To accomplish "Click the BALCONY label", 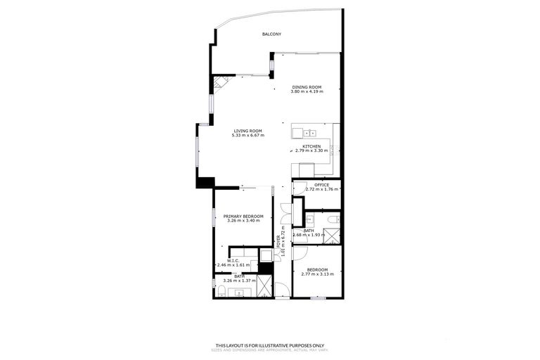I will tap(271, 34).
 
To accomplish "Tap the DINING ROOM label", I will tap(307, 87).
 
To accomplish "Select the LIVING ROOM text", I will tap(247, 131).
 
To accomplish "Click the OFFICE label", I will tap(321, 185).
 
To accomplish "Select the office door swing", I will tap(299, 187).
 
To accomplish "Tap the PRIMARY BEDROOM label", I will tap(243, 216).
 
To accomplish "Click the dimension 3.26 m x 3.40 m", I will tap(243, 221).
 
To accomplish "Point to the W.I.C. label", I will tap(233, 260).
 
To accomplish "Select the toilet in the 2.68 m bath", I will tap(332, 219).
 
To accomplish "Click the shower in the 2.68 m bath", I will tap(334, 234).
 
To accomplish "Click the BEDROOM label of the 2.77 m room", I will tap(316, 269).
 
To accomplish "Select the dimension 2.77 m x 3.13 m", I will tap(316, 274).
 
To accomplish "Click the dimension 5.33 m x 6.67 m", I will tap(247, 136).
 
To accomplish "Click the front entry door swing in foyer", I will tap(281, 289).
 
